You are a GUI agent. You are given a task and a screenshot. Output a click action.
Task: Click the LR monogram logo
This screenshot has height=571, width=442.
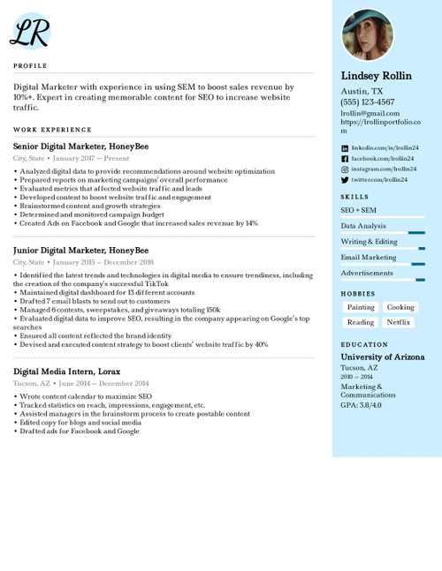coord(30,32)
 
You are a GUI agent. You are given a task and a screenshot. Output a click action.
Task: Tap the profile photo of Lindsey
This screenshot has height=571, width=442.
coord(368,35)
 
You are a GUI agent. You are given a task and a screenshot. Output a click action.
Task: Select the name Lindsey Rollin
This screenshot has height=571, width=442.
coord(377,76)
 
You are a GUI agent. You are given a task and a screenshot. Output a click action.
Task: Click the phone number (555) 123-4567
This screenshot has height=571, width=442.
coord(368,102)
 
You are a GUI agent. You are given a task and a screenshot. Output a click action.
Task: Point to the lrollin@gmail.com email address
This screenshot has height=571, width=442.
coord(370,113)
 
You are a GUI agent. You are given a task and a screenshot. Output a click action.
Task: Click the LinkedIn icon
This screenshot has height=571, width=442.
coord(345,147)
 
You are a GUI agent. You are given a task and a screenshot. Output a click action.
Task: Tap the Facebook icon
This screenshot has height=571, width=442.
coord(345,158)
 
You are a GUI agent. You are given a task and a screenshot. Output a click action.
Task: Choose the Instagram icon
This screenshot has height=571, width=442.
coord(345,169)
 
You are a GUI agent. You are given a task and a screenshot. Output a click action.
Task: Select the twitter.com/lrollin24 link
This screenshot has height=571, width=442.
coord(379,179)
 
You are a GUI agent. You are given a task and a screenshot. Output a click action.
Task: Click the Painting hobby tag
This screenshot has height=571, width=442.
coord(361,307)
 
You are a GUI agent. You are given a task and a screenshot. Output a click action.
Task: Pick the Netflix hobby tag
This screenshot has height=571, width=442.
coord(399,322)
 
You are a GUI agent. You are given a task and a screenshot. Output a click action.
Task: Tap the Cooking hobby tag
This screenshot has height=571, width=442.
coord(400,307)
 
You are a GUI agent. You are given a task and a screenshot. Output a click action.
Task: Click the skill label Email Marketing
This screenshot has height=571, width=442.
coord(369,258)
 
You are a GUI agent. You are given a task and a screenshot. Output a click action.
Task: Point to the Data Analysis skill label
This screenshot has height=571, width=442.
coord(363,226)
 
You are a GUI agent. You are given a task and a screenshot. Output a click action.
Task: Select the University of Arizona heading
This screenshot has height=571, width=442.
coord(383,357)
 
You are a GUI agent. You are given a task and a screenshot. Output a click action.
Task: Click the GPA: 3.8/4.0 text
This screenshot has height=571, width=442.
coord(362,404)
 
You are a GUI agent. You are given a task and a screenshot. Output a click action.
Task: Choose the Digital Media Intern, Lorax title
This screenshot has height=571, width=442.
coord(68,372)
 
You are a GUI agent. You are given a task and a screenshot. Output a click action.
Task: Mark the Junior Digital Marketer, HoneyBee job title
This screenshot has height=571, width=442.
coord(74,251)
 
